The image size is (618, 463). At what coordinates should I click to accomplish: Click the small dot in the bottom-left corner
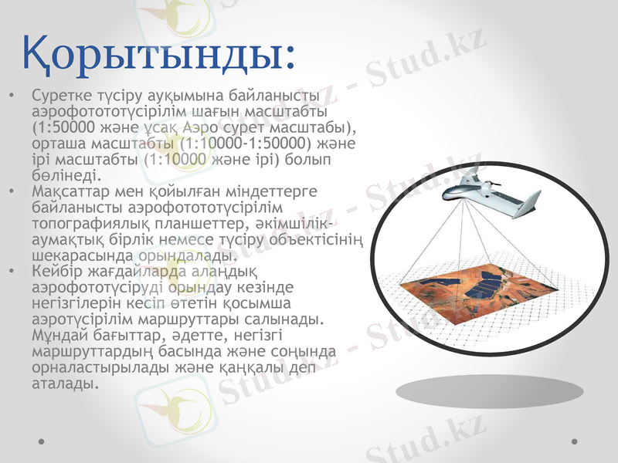tap(42, 441)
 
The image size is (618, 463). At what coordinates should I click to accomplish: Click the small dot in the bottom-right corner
tap(574, 441)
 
